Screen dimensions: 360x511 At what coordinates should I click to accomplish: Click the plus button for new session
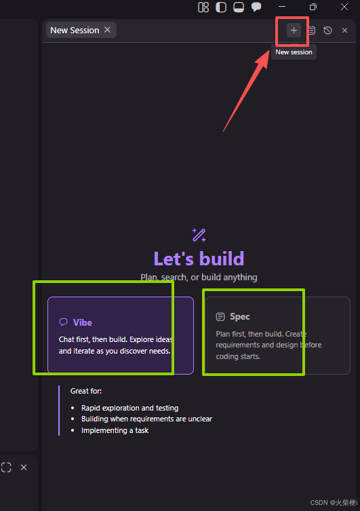point(294,31)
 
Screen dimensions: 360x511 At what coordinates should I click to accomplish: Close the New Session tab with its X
point(107,30)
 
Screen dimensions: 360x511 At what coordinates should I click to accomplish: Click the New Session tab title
point(75,31)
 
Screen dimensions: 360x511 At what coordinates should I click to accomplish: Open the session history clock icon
point(327,31)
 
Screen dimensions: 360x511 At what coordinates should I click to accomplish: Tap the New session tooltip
point(294,52)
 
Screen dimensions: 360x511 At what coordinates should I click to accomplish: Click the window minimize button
point(282,7)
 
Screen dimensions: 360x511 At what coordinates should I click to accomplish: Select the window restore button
point(313,7)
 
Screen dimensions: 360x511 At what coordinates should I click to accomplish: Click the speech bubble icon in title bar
point(256,7)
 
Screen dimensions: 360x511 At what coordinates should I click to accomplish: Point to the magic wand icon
point(199,235)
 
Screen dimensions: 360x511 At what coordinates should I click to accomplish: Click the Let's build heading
point(199,259)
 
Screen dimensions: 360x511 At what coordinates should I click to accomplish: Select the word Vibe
point(82,322)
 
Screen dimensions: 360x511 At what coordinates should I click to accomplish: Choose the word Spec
point(240,316)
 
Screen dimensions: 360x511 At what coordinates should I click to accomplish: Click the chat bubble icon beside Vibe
point(64,322)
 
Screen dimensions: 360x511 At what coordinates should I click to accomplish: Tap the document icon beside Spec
point(220,317)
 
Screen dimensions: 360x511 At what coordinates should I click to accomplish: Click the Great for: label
point(86,391)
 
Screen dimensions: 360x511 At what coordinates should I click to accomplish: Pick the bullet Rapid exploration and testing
point(130,408)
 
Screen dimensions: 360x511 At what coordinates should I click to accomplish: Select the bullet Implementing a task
point(115,430)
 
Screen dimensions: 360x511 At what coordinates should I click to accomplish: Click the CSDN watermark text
point(334,503)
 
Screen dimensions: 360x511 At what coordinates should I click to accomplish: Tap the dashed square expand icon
point(6,468)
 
